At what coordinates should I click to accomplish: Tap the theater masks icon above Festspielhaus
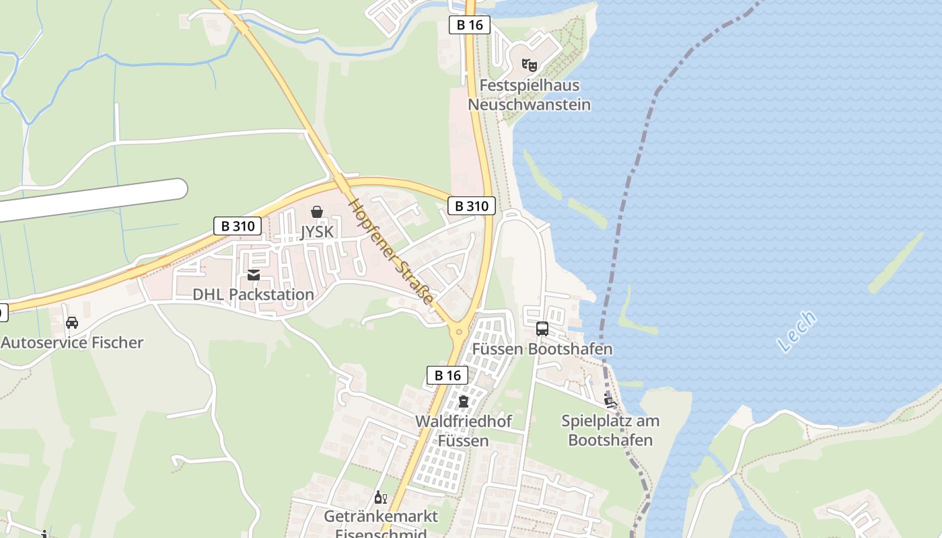coord(530,65)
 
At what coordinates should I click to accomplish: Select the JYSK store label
coord(317,232)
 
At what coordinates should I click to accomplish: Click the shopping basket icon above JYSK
coord(317,213)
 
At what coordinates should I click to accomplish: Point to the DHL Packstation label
coord(253,295)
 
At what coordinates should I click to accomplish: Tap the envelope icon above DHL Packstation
coord(254,275)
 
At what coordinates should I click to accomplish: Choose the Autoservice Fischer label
coord(72,342)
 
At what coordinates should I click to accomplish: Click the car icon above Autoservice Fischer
coord(72,323)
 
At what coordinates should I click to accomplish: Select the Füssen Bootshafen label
coord(542,349)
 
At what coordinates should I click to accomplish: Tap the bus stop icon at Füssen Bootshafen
coord(542,329)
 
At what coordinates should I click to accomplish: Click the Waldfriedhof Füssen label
coord(463,431)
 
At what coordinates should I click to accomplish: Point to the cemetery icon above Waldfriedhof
coord(463,402)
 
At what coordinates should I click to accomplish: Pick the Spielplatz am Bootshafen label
coord(610,430)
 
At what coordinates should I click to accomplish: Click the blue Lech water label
coord(797,332)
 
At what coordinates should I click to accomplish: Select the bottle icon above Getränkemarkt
coord(380,498)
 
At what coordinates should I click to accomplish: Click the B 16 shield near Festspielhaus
coord(470,26)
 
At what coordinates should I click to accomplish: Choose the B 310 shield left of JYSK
coord(238,226)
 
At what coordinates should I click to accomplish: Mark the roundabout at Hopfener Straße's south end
coord(460,331)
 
